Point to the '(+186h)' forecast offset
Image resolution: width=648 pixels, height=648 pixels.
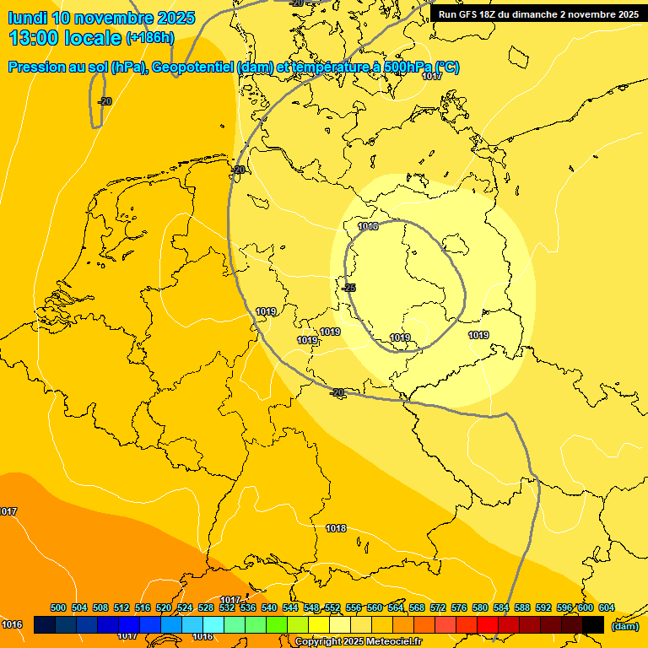[149, 38]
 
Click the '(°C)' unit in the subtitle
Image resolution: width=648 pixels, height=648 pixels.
[446, 67]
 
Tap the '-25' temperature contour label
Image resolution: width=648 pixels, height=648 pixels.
[348, 288]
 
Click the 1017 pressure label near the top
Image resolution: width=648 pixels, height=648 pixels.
[432, 77]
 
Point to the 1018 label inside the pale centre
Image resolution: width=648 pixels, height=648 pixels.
[368, 226]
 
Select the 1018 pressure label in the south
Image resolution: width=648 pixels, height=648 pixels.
[336, 528]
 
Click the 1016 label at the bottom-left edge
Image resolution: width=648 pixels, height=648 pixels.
[12, 624]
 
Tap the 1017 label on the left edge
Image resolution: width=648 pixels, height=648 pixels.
[8, 511]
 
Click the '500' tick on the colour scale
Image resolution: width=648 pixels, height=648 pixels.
[58, 608]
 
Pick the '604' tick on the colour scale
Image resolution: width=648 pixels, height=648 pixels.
[606, 608]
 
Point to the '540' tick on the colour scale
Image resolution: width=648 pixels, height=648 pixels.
[269, 608]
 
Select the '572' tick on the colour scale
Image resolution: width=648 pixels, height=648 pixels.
[438, 608]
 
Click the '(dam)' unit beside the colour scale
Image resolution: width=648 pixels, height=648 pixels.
[624, 625]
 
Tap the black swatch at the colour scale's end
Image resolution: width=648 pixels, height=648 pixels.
[592, 624]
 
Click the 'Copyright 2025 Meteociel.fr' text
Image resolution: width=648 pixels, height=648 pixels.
[358, 642]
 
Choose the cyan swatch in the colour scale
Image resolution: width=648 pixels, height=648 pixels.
[213, 624]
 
